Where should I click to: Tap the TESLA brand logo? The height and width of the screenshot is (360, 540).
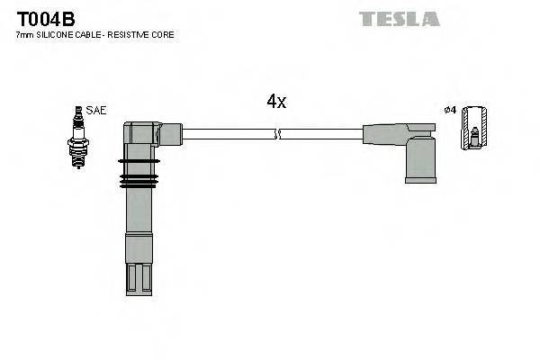pyautogui.click(x=399, y=19)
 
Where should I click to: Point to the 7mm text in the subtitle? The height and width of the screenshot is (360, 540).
pyautogui.click(x=24, y=35)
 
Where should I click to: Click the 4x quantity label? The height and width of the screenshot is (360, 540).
pyautogui.click(x=276, y=102)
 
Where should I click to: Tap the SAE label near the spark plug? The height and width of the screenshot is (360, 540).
pyautogui.click(x=97, y=111)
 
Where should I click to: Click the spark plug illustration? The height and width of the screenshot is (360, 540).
pyautogui.click(x=78, y=136)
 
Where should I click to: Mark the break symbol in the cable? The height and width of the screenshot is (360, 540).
pyautogui.click(x=278, y=134)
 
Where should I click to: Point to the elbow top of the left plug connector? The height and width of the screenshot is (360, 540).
pyautogui.click(x=144, y=132)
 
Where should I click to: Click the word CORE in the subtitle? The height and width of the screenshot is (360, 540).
pyautogui.click(x=163, y=35)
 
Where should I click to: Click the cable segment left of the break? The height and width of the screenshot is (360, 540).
pyautogui.click(x=229, y=134)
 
